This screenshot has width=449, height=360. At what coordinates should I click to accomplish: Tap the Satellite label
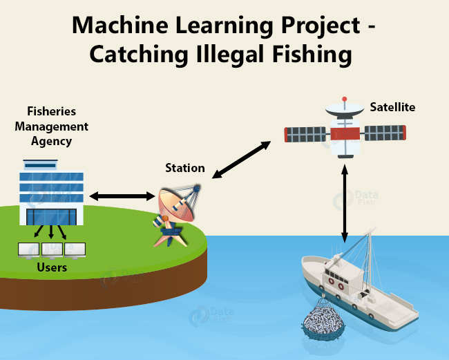[x=392, y=107]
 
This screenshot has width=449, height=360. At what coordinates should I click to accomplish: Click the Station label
[x=185, y=168]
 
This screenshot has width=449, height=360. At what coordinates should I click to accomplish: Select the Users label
[x=52, y=267]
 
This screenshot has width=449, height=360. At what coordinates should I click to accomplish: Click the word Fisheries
[x=52, y=111]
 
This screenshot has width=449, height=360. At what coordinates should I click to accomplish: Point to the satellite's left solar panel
[x=305, y=135]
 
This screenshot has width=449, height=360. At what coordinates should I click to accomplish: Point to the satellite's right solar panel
[x=385, y=133]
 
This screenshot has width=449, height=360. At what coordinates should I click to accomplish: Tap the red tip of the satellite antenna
[x=345, y=99]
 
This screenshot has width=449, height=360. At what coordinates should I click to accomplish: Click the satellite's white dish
[x=345, y=109]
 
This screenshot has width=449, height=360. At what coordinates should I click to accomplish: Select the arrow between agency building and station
[x=122, y=196]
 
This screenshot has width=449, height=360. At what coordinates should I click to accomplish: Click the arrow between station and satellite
[x=241, y=160]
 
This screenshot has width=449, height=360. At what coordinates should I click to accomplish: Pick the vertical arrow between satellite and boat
[x=345, y=203]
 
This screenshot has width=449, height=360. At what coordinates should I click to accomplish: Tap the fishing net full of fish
[x=323, y=320]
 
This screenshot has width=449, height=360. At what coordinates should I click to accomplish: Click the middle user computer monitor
[x=52, y=250]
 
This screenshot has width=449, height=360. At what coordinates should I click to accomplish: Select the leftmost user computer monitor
[x=28, y=250]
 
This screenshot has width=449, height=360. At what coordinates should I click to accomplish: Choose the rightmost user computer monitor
[x=75, y=250]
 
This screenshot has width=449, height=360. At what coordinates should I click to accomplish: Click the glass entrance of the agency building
[x=52, y=217]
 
